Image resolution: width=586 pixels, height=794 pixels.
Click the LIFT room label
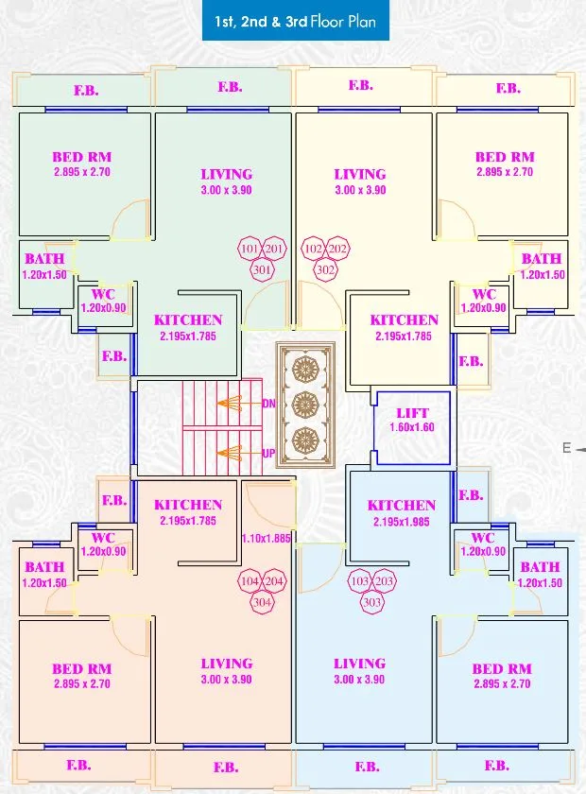pos(412,413)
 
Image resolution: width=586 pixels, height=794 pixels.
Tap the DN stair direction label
pos(268,404)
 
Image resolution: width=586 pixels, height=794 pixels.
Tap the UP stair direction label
pos(268,454)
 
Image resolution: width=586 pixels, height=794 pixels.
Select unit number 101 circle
pos(250,249)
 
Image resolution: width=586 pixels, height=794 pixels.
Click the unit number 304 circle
pos(262,601)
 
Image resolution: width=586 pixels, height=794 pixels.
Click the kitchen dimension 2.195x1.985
pos(402,522)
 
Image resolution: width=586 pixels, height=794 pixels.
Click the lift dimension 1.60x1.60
pos(412,427)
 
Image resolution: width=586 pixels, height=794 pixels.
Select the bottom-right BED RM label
pos(501,669)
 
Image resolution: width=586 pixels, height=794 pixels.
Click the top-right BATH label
pos(542,259)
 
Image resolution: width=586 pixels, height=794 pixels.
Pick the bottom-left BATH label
pos(44,567)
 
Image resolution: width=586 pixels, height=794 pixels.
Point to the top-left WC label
pos(103,295)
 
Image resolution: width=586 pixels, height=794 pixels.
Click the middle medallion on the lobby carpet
pos(305,405)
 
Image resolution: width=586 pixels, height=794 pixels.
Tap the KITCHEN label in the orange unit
pos(188,505)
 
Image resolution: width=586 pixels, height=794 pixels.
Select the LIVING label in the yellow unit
pos(360,174)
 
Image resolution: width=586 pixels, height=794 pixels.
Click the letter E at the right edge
pos(566,449)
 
